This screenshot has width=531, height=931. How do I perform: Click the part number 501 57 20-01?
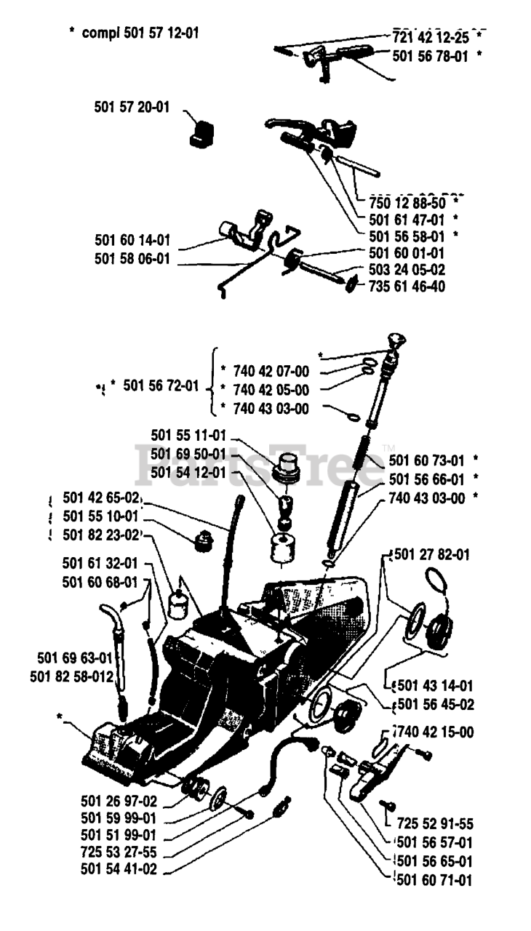132,107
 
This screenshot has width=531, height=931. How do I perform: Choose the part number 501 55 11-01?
189,435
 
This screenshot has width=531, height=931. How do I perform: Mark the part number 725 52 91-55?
435,824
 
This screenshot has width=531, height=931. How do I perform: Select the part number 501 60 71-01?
433,881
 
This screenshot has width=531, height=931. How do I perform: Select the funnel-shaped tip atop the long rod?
397,340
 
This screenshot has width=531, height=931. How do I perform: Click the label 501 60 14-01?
132,239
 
